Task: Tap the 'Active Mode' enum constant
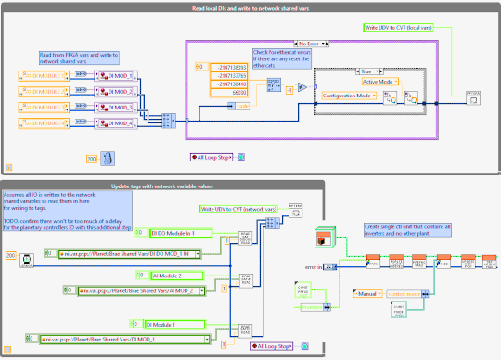point(378,82)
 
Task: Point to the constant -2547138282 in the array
point(228,67)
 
